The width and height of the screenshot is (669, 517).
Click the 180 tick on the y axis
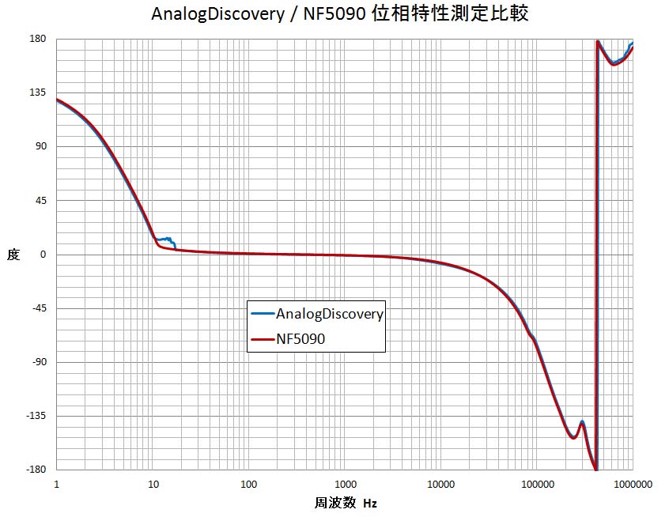38,39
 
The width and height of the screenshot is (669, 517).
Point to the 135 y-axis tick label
38,92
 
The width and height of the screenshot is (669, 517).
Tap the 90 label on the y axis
40,146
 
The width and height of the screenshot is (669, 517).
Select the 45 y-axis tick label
40,200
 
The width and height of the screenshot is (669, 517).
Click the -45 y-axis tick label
38,308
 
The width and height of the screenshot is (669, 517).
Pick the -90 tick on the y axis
38,362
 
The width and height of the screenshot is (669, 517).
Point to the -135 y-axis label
36,416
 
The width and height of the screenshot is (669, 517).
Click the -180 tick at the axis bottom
36,470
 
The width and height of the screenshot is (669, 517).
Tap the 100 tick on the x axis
249,484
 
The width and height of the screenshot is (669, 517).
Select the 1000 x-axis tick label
345,484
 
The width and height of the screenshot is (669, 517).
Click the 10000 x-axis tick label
440,484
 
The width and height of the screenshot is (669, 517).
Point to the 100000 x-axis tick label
537,484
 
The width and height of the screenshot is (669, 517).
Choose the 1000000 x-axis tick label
633,484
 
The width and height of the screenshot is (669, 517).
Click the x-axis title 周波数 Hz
346,503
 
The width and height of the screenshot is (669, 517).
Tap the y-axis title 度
13,255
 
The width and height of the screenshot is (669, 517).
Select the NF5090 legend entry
300,338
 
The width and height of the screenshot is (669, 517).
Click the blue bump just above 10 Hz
166,239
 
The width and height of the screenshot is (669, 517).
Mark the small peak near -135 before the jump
581,423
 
